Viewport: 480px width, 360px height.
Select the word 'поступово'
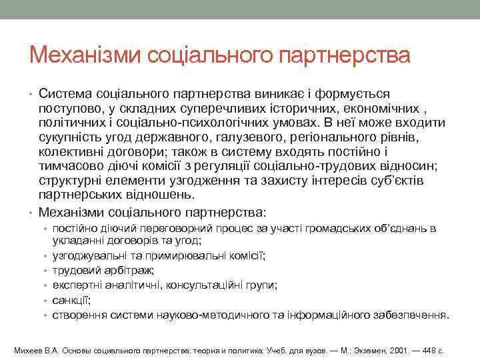tap(71, 108)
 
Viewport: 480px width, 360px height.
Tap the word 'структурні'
tap(72, 181)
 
